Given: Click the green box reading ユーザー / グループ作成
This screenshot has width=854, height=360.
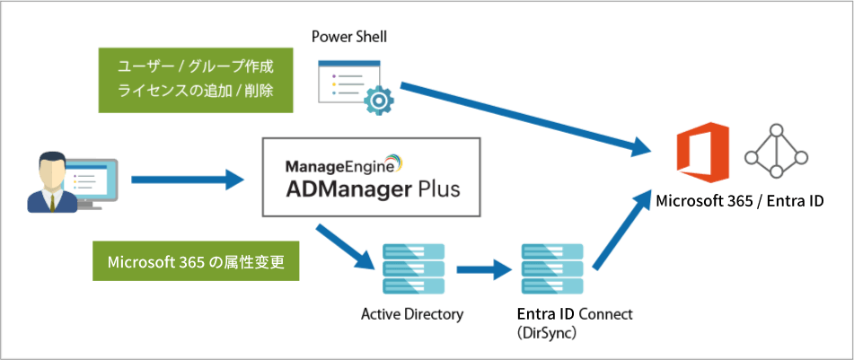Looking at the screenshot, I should coord(196,67).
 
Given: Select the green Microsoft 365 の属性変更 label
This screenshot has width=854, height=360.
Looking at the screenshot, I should coord(196,262).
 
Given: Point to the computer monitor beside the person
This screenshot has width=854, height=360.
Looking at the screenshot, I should coord(90,181).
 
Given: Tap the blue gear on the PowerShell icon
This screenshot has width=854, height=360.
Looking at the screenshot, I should coord(380,99).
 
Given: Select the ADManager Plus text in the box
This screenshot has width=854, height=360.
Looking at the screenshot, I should coord(372,189).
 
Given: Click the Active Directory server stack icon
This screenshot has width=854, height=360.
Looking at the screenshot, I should coord(413,268).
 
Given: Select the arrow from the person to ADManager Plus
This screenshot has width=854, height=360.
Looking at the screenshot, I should coord(188,180).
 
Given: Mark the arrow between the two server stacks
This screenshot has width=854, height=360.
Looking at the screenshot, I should coord(483,268).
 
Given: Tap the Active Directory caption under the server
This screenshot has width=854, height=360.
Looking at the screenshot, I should coord(413,313).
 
